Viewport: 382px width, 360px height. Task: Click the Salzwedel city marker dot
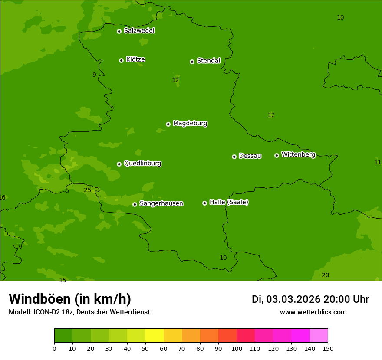click(119, 31)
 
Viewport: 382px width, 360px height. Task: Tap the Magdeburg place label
click(190, 124)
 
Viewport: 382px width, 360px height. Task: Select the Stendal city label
click(208, 61)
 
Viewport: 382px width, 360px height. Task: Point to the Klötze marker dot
click(121, 60)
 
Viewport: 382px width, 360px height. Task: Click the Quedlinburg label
click(142, 164)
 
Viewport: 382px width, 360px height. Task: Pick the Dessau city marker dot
click(234, 157)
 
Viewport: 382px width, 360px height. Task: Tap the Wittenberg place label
click(298, 154)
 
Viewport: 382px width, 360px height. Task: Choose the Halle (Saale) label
click(229, 202)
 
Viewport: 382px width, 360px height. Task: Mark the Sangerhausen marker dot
click(135, 204)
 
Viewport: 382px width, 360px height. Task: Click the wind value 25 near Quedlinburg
click(88, 190)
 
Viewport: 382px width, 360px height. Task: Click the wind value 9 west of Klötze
click(94, 75)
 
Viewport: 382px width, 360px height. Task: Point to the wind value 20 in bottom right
click(325, 275)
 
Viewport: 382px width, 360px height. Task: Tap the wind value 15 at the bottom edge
click(63, 280)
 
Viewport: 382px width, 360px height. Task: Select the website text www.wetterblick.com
click(313, 312)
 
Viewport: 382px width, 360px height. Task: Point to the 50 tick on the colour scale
click(145, 348)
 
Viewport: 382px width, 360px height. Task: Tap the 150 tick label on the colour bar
click(328, 348)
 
